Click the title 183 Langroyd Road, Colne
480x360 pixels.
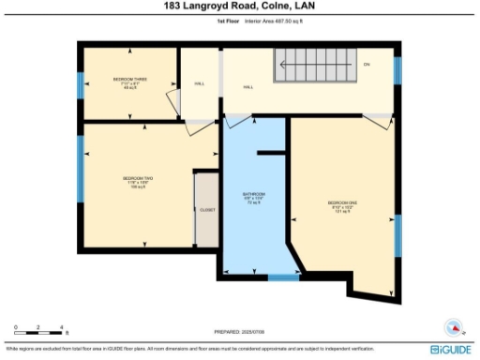[239, 7]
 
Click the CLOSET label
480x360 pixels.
[206, 210]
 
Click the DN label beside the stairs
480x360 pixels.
[367, 64]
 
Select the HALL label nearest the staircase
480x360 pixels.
[248, 87]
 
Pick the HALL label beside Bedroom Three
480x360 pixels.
[200, 83]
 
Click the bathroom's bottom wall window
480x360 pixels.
[282, 277]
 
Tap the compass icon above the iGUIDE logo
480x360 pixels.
[455, 328]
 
